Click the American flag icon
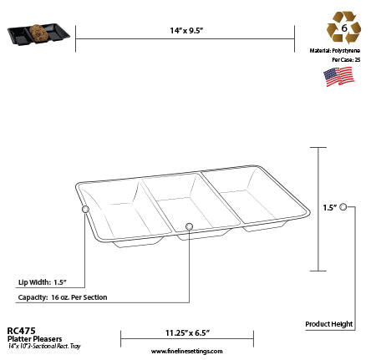(x=338, y=77)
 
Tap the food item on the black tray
(x=40, y=33)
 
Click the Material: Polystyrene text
(x=338, y=49)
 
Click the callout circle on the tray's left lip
(x=85, y=210)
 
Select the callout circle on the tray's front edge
(x=189, y=226)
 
